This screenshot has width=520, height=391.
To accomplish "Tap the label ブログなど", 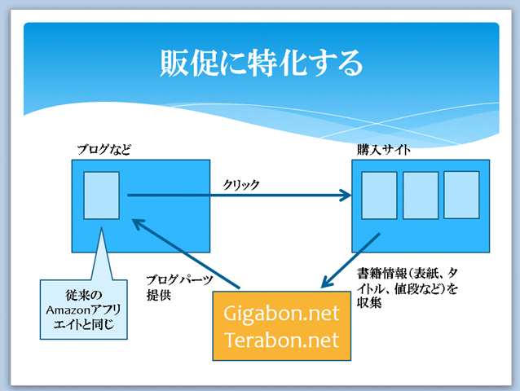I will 104,150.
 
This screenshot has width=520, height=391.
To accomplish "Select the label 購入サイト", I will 382,150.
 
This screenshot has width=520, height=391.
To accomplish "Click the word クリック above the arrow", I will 242,185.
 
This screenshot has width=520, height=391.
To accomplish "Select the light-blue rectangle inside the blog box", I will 101,195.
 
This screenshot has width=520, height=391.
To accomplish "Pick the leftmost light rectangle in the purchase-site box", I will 379,196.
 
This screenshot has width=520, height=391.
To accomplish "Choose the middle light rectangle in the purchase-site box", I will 421,195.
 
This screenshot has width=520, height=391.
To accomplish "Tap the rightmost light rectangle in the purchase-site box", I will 461,194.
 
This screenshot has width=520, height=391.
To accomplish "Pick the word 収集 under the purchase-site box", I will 369,302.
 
